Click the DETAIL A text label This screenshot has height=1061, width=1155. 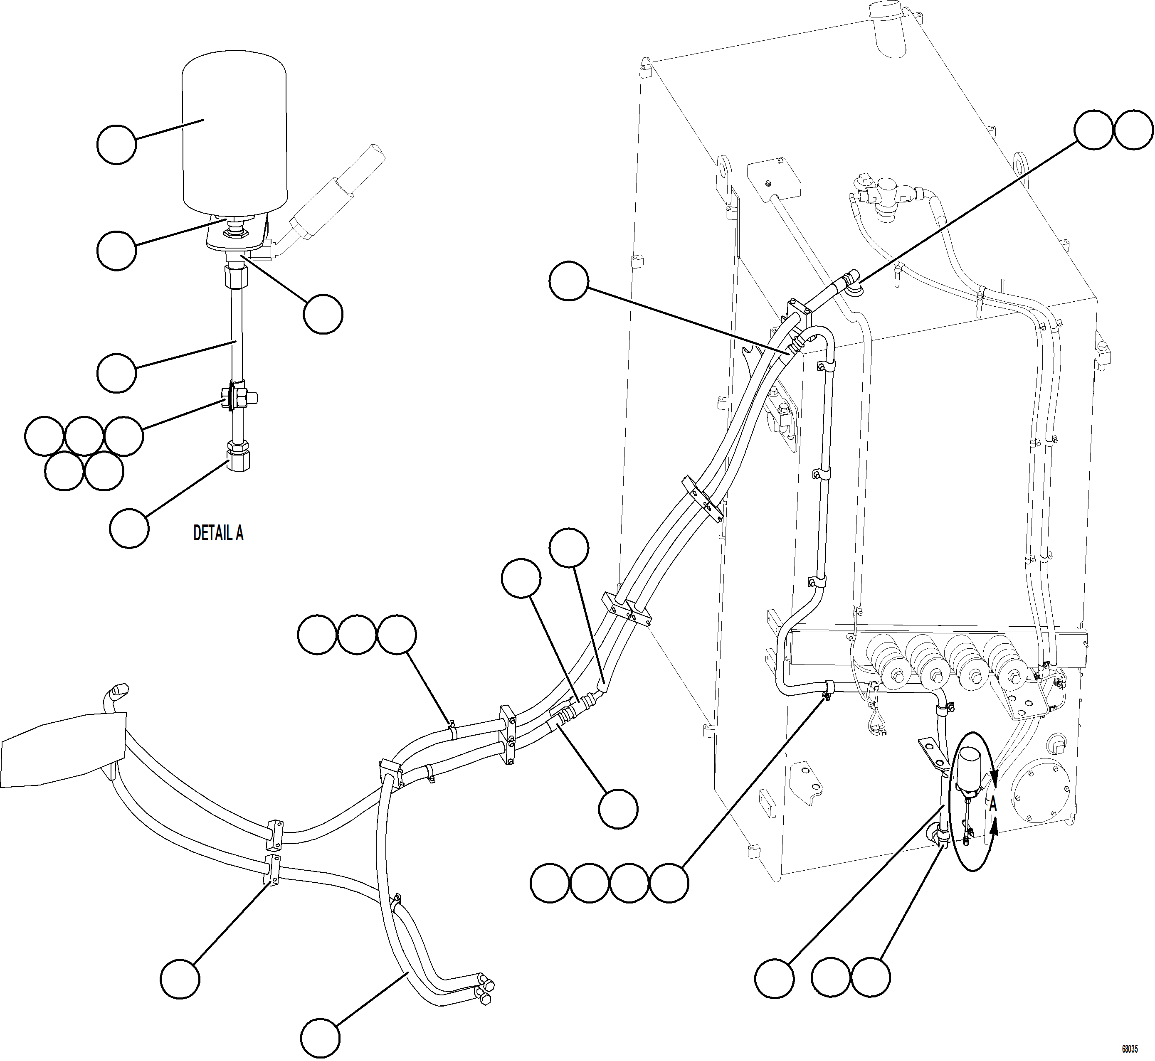218,533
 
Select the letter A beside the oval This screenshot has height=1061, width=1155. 993,805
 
